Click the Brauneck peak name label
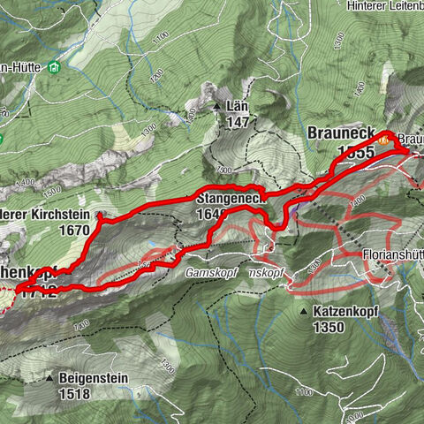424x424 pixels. (x=340, y=132)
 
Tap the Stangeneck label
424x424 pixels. (x=231, y=200)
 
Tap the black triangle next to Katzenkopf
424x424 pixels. (x=303, y=312)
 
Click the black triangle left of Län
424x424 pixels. (x=217, y=106)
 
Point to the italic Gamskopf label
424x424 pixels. (x=210, y=273)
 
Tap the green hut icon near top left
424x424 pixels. (x=55, y=67)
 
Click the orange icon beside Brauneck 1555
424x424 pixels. (x=383, y=140)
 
